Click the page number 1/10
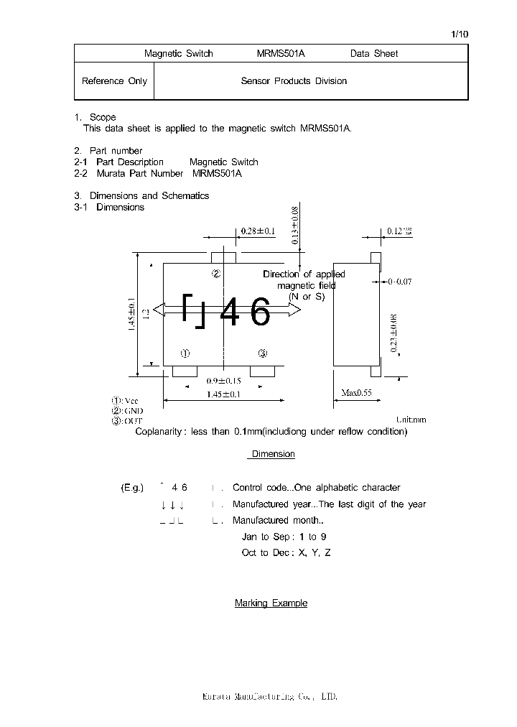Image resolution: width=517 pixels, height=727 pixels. pyautogui.click(x=460, y=34)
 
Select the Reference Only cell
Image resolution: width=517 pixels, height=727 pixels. pyautogui.click(x=114, y=81)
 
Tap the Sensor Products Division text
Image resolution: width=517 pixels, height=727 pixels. pyautogui.click(x=294, y=81)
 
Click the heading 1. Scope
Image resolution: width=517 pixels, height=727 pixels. pyautogui.click(x=95, y=117)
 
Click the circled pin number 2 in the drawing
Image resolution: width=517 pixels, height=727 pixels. pyautogui.click(x=215, y=274)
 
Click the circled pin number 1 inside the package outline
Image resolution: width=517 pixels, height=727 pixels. pyautogui.click(x=185, y=353)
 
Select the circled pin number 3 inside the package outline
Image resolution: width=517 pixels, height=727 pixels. pyautogui.click(x=263, y=353)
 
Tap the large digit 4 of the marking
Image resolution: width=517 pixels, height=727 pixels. pyautogui.click(x=229, y=312)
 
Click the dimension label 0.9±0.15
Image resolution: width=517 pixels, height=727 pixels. pyautogui.click(x=223, y=381)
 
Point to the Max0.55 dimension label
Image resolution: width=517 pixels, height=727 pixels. pyautogui.click(x=356, y=394)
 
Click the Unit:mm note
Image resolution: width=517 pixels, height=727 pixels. pyautogui.click(x=411, y=420)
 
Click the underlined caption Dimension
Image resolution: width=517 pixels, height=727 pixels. pyautogui.click(x=273, y=454)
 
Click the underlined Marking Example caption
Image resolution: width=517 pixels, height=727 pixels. pyautogui.click(x=271, y=603)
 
